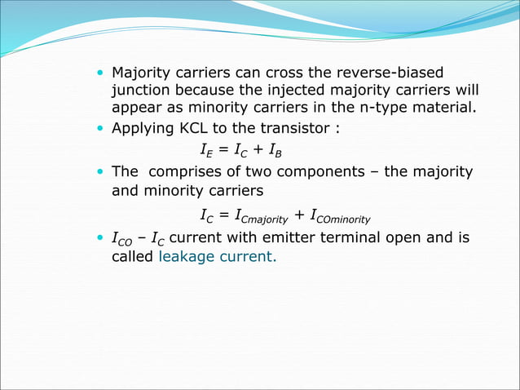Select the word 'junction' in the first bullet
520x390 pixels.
pyautogui.click(x=139, y=90)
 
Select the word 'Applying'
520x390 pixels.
pyautogui.click(x=140, y=128)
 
